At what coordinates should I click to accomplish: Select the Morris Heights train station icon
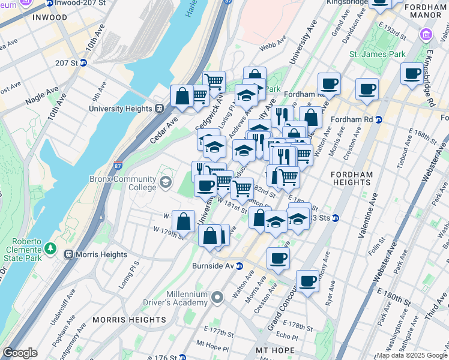pos(69,254)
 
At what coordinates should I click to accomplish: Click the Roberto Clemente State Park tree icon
pos(50,248)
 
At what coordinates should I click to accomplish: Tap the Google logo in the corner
pos(20,353)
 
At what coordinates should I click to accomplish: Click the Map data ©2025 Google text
pos(411,355)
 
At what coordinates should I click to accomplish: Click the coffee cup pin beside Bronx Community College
pos(205,185)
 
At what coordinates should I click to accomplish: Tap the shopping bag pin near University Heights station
pos(182,95)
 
